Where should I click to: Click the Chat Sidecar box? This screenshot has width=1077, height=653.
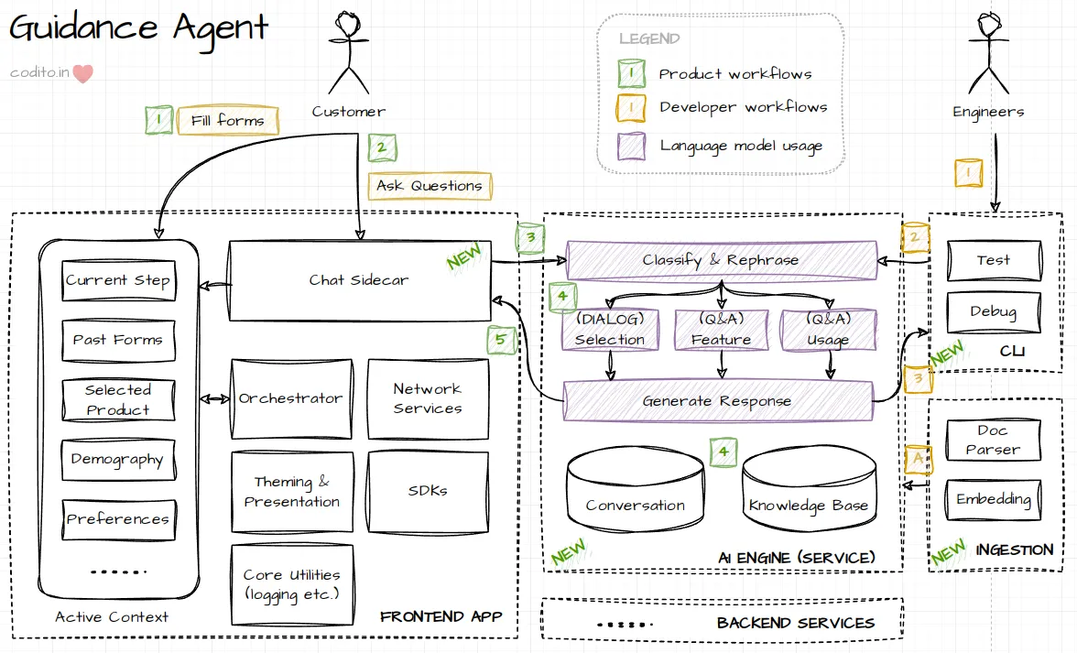[x=359, y=280]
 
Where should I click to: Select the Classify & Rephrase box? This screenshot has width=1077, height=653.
[x=721, y=260]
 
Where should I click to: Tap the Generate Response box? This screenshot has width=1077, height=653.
[x=717, y=401]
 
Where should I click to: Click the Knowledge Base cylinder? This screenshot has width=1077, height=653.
[x=808, y=495]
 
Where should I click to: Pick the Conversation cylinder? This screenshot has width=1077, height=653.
[x=635, y=495]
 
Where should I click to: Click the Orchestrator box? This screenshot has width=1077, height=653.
[x=291, y=398]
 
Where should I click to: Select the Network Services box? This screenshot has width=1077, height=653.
[x=428, y=398]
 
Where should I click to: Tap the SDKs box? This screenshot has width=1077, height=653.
[x=428, y=490]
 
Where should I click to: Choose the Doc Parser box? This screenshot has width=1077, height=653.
[x=993, y=440]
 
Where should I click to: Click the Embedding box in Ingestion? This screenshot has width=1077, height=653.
[x=993, y=499]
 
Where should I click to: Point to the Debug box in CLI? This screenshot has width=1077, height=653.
[x=993, y=311]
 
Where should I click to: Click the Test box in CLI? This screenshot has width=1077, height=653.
[x=993, y=260]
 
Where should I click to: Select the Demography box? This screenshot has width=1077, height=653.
[x=117, y=460]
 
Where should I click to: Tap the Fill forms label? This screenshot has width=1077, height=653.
[x=228, y=120]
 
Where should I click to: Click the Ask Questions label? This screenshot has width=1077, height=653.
[x=430, y=185]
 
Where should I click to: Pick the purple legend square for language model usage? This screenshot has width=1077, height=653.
[x=631, y=146]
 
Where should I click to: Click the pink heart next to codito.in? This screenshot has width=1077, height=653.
[x=83, y=73]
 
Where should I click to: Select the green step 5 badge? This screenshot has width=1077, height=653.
[x=500, y=341]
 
